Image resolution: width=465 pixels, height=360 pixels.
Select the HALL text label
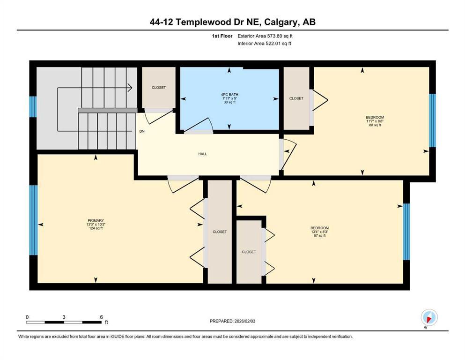point(202,154)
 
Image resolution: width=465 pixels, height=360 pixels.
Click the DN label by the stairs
point(141,131)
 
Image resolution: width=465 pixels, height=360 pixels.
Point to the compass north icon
point(429,318)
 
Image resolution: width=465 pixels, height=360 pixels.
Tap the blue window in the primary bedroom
point(33,220)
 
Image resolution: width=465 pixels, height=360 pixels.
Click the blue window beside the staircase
point(33,106)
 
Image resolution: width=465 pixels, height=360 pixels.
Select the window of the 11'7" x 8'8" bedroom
point(432,120)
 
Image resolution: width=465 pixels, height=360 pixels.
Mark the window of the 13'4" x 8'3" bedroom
point(406,232)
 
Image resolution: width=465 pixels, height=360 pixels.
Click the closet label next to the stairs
point(158,88)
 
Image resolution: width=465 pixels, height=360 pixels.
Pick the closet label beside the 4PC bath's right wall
point(296,98)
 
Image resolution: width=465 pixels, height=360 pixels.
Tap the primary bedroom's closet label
point(219,232)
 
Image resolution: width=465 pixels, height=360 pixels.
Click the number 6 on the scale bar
point(101,316)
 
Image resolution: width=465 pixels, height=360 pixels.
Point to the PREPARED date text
point(232,321)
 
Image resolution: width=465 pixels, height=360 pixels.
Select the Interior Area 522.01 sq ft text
point(264,44)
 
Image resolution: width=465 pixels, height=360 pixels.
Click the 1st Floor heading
point(222,36)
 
